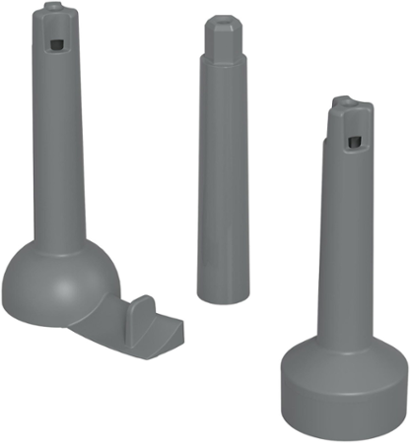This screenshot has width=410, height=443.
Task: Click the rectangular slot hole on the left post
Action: pyautogui.click(x=57, y=45)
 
